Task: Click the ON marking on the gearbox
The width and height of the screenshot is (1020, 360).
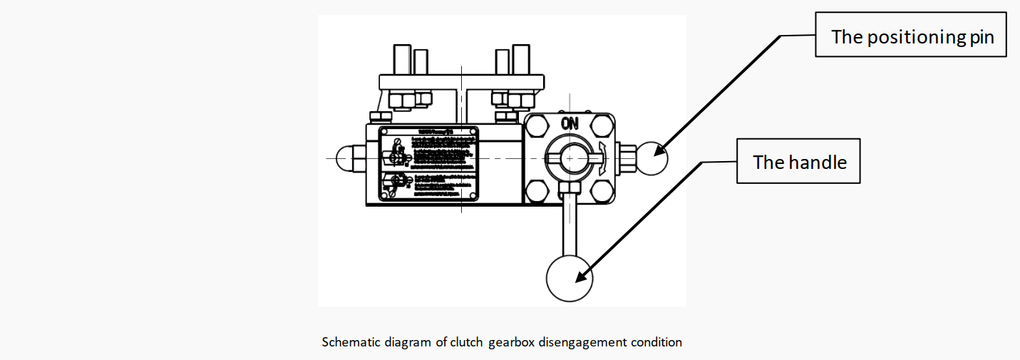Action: pos(569,123)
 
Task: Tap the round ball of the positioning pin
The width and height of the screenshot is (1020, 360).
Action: pos(652,159)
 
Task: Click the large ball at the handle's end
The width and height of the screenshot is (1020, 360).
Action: pos(569,279)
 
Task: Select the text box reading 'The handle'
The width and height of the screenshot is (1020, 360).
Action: pos(798,163)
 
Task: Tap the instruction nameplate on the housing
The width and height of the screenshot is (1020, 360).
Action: pos(427,164)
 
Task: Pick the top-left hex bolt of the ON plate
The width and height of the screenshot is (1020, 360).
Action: pos(537,128)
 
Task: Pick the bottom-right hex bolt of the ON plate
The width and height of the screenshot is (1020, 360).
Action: pos(603,190)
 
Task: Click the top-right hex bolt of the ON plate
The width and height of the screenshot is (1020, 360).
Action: pos(603,128)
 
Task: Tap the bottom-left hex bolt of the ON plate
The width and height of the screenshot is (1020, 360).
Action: pos(537,190)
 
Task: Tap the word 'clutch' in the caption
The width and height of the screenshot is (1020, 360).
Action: pos(468,342)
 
